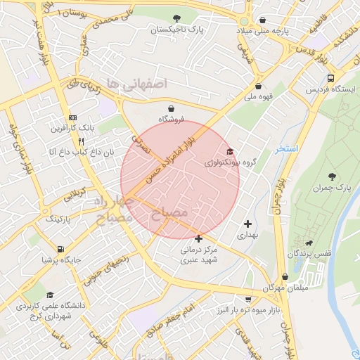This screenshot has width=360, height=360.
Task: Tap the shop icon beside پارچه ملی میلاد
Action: click(263, 20)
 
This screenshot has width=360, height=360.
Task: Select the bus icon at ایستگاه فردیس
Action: click(330, 78)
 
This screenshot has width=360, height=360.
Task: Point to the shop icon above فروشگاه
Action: click(172, 108)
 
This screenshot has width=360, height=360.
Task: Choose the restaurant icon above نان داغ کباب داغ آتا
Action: click(82, 141)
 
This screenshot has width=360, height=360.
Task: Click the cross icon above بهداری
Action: click(247, 224)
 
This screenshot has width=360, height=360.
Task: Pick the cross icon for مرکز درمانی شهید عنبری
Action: click(199, 238)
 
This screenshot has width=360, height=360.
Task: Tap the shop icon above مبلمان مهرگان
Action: click(285, 277)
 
